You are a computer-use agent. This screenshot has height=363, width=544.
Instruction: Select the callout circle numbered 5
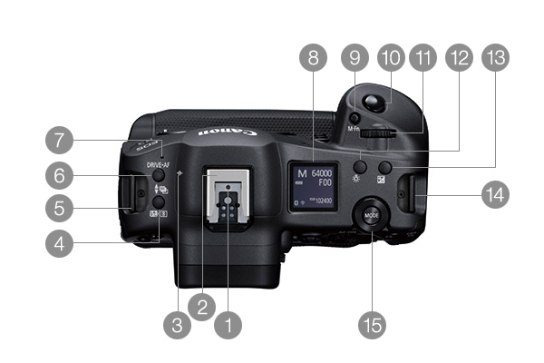point(60,207)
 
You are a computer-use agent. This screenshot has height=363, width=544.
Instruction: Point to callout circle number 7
point(60,142)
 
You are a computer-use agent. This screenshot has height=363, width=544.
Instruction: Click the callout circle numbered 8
point(314,60)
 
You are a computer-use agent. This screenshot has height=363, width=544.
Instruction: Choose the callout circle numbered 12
point(458,60)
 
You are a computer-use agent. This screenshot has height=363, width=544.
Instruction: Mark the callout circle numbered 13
point(495,60)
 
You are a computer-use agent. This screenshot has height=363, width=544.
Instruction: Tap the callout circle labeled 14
point(495,193)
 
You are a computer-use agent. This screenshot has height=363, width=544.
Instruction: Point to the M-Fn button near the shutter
point(355,118)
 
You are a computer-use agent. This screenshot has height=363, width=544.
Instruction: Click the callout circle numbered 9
point(354,60)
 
